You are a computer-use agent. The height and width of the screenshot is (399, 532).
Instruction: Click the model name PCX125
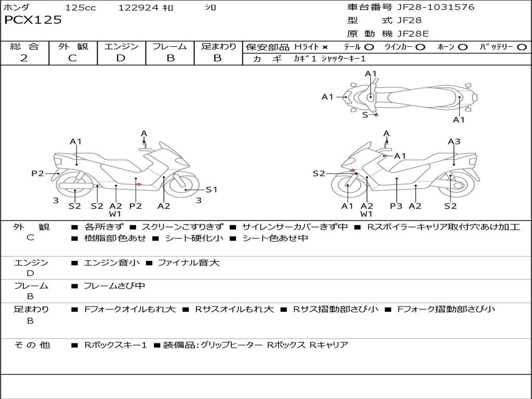pos(33,20)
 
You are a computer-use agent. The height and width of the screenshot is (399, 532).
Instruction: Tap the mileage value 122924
pos(139,8)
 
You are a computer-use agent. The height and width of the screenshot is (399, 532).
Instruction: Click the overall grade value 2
pos(24,58)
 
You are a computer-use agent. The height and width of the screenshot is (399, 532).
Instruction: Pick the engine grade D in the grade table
pos(121,58)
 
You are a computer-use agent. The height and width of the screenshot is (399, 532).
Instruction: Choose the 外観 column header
pos(72,46)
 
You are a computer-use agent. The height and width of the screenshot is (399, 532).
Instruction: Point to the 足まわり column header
pos(218,46)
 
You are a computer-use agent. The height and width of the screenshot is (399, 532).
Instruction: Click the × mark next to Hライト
pos(325,47)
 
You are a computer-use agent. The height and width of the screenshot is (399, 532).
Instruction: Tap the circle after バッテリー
pos(522,47)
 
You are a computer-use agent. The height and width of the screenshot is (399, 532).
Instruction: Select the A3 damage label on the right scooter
pos(454,141)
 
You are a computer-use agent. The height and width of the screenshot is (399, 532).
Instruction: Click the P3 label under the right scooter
pos(396,206)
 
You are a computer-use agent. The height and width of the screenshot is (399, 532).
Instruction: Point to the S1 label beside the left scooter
pos(211,190)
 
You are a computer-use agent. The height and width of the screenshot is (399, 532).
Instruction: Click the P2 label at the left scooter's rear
pos(37,174)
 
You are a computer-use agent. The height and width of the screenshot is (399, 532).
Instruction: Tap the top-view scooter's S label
pos(365,115)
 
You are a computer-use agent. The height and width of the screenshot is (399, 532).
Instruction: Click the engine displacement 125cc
pos(81,8)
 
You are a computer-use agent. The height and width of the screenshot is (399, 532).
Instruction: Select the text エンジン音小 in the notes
pos(111,263)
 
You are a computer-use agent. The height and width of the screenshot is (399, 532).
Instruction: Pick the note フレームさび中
pos(114,286)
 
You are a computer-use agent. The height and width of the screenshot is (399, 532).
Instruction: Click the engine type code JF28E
pos(413,34)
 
